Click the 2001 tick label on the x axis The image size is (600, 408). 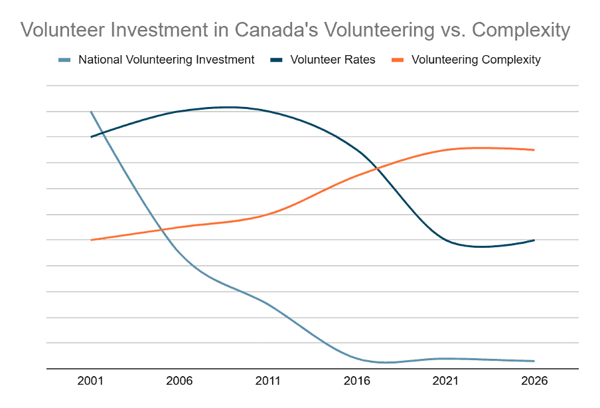pyautogui.click(x=90, y=381)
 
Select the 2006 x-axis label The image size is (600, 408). pyautogui.click(x=179, y=381)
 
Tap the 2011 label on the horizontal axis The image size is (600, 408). pyautogui.click(x=268, y=381)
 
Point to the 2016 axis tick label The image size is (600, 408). pyautogui.click(x=356, y=381)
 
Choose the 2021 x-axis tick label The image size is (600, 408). pyautogui.click(x=445, y=381)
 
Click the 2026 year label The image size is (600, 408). pyautogui.click(x=534, y=381)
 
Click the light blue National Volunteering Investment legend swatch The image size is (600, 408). pyautogui.click(x=64, y=60)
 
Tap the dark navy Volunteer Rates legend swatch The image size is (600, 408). pyautogui.click(x=276, y=60)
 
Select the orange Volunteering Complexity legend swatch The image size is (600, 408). pyautogui.click(x=398, y=60)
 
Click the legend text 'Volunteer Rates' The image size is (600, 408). pyautogui.click(x=333, y=60)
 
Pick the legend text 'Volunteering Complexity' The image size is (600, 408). pyautogui.click(x=476, y=60)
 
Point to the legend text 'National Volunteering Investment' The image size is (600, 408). pyautogui.click(x=167, y=60)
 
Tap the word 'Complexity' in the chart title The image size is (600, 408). pyautogui.click(x=521, y=31)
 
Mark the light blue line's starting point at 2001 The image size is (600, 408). pyautogui.click(x=91, y=112)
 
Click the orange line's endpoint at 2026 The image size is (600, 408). pyautogui.click(x=534, y=150)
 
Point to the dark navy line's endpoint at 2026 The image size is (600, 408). pyautogui.click(x=534, y=240)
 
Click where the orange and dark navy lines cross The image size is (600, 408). pyautogui.click(x=377, y=168)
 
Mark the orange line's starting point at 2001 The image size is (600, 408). pyautogui.click(x=91, y=240)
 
